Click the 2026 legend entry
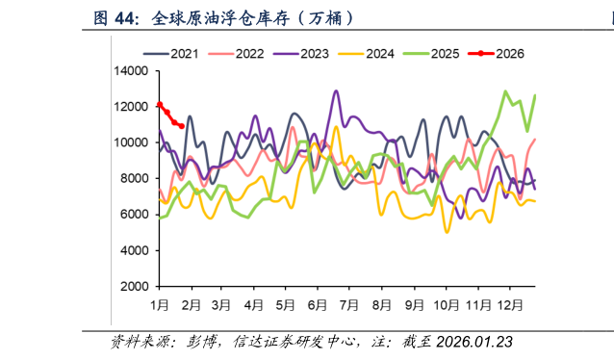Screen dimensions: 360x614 pyautogui.click(x=503, y=54)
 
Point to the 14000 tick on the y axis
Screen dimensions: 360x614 pyautogui.click(x=131, y=71)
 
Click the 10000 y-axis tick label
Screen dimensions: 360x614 pyautogui.click(x=131, y=142)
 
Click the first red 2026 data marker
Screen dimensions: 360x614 pyautogui.click(x=160, y=105)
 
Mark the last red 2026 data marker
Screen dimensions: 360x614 pyautogui.click(x=181, y=126)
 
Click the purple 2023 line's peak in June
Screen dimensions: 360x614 pyautogui.click(x=336, y=91)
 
